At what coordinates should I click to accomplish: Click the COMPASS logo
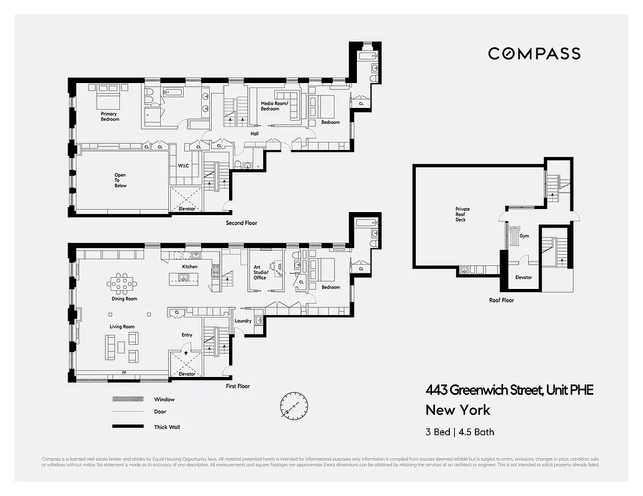tap(534, 53)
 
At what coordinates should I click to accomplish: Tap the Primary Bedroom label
tap(109, 117)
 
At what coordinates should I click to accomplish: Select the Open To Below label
tap(120, 180)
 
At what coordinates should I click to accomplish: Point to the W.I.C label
tap(183, 166)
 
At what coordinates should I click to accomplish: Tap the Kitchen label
tap(189, 267)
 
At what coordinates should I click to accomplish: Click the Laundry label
tap(243, 321)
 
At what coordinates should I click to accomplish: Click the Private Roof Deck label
tap(462, 214)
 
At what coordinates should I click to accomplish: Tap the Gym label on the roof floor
tap(525, 237)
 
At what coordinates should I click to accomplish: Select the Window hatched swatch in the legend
tap(128, 399)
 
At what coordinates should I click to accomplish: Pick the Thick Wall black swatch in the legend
tap(128, 427)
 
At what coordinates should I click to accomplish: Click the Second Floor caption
tap(242, 223)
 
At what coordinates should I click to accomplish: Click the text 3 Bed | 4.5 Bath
tap(460, 432)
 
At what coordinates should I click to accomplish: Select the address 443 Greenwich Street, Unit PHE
tap(509, 390)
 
